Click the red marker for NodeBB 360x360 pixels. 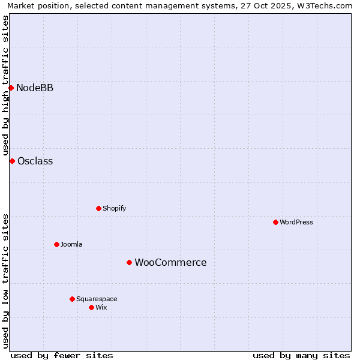tap(11, 88)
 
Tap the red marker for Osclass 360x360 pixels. tap(12, 161)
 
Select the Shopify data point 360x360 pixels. tap(98, 208)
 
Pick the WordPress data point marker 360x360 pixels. tap(275, 222)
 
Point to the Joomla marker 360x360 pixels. tap(56, 244)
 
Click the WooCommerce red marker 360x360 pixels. tap(129, 262)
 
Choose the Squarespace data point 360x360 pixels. tap(72, 299)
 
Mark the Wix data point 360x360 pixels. tap(91, 307)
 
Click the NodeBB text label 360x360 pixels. tap(35, 88)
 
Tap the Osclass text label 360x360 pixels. tap(35, 161)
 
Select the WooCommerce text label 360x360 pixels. tap(170, 262)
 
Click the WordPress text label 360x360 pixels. tap(296, 222)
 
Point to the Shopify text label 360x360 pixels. tap(114, 208)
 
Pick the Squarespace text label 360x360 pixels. tap(97, 299)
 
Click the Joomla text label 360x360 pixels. tap(71, 244)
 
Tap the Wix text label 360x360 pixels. tap(101, 307)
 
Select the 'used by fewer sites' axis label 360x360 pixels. tap(62, 355)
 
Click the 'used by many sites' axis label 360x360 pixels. tap(301, 355)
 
